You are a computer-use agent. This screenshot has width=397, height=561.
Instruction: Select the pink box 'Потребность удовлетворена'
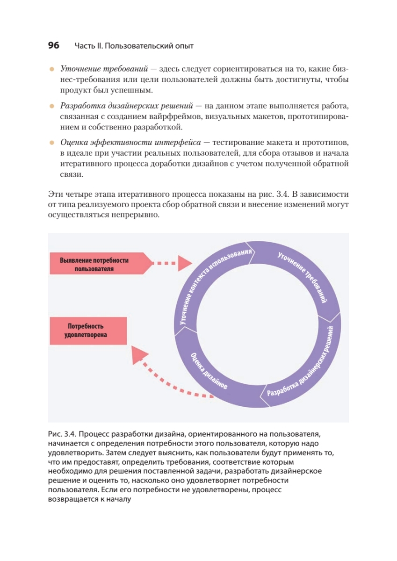tap(87, 330)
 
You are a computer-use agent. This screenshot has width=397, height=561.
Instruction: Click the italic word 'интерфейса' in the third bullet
tap(180, 142)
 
